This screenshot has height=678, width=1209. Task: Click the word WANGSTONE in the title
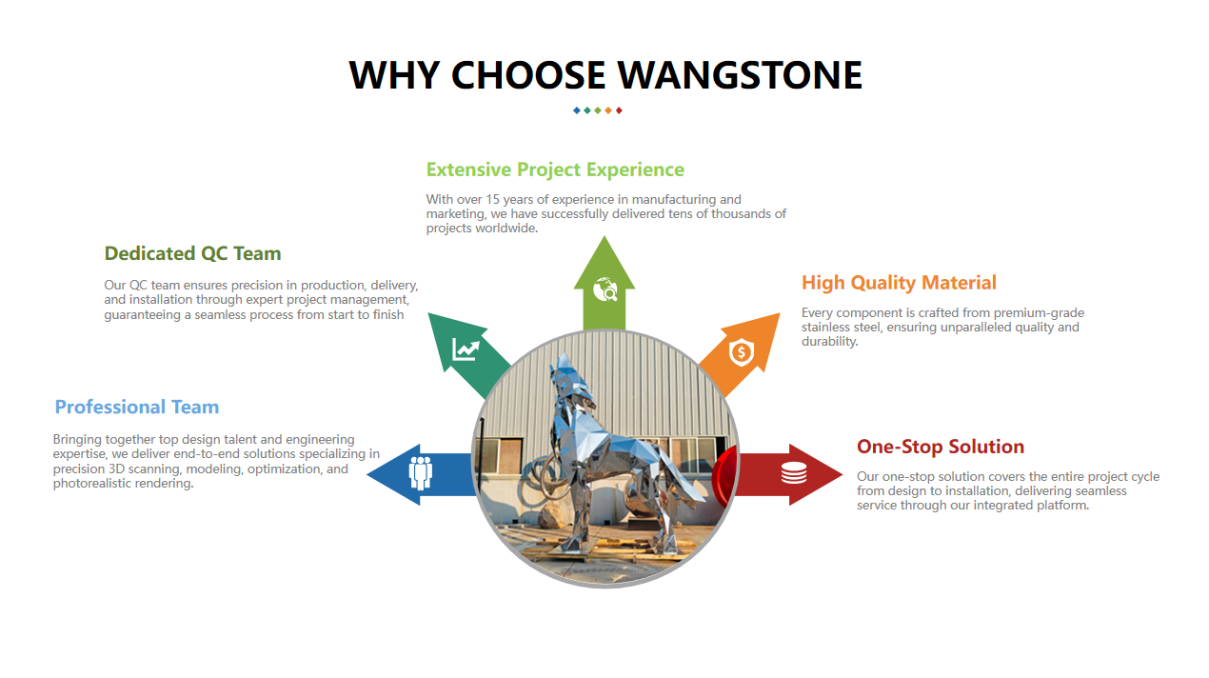tap(740, 74)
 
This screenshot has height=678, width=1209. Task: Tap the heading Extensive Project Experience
tap(555, 169)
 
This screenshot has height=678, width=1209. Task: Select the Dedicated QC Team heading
tap(192, 253)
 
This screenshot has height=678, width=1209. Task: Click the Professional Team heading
tap(137, 407)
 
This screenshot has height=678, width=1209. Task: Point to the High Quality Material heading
tap(899, 282)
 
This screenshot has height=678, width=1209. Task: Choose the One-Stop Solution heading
tap(941, 447)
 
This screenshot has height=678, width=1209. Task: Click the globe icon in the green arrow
tap(605, 289)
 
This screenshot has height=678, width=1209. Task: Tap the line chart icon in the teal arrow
tap(466, 349)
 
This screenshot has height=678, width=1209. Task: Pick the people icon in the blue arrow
tap(421, 473)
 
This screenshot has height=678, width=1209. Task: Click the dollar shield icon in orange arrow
tap(742, 352)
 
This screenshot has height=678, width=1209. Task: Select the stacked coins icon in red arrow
tap(794, 473)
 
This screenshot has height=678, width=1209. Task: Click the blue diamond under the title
tap(577, 110)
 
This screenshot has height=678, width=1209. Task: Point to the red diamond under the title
tap(619, 110)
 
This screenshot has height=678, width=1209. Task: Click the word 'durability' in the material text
tap(828, 342)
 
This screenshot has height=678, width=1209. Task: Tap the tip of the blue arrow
tap(367, 474)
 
